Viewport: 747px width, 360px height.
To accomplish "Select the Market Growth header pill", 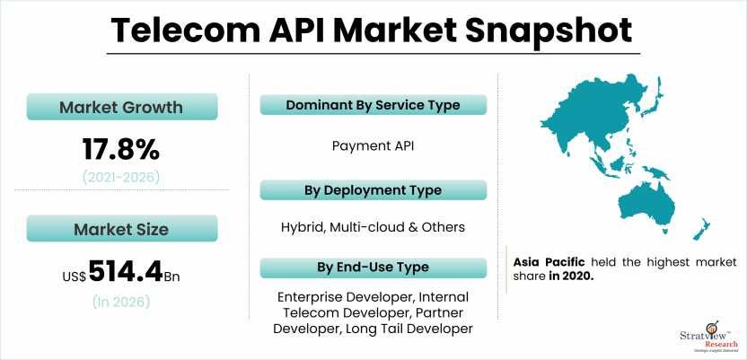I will [120, 108].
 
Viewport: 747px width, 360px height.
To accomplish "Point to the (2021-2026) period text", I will [120, 177].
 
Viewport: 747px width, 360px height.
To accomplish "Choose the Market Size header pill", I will [120, 229].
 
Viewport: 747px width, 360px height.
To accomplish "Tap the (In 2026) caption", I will [120, 302].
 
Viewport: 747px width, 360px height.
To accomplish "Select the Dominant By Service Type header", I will [373, 105].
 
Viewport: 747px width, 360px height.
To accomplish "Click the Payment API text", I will [373, 145].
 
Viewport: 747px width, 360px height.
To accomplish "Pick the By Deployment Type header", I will [373, 190].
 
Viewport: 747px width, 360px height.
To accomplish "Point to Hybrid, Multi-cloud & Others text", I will [373, 227].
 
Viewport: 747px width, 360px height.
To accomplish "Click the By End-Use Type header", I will [373, 268].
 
